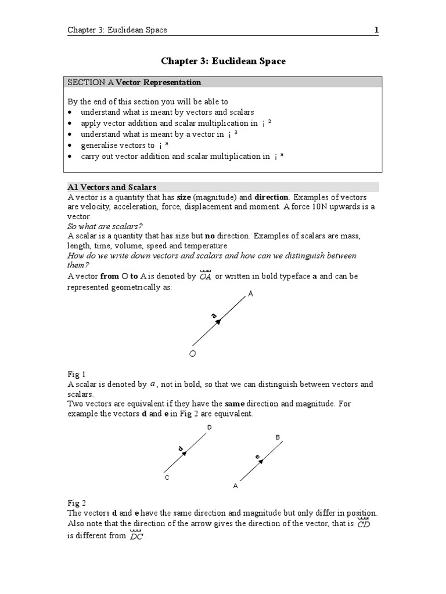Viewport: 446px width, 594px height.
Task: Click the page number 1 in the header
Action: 376,30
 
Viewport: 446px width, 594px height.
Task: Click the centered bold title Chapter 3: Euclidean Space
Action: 223,61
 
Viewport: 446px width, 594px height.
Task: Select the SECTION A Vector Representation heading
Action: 135,82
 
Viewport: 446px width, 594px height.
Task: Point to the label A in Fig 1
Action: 251,295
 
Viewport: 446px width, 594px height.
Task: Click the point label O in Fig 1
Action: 193,353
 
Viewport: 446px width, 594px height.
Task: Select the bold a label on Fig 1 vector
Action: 214,316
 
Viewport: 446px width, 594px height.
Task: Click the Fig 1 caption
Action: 76,375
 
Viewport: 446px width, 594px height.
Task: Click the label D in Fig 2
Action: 209,428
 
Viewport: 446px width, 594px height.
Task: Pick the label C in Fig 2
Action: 167,477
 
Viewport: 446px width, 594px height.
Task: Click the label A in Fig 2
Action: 235,486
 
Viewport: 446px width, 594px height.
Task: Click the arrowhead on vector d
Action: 188,452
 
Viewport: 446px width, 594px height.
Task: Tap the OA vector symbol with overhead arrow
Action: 205,276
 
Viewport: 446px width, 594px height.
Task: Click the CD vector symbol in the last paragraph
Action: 364,524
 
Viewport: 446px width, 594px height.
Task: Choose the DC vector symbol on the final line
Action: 136,536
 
